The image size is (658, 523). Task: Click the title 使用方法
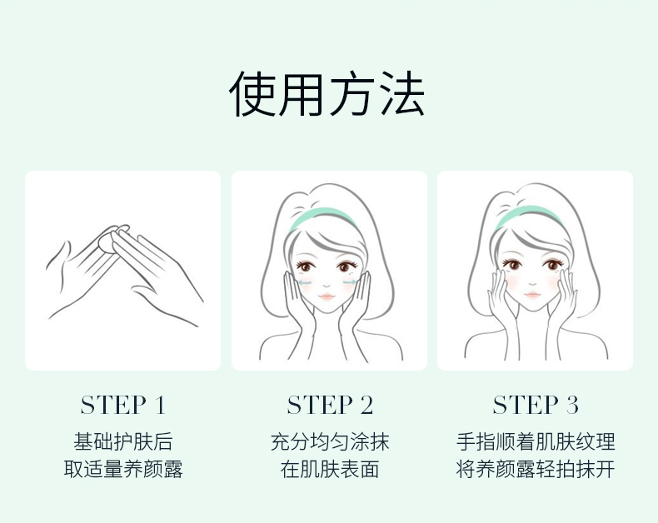(x=327, y=93)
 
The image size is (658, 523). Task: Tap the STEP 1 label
(x=123, y=405)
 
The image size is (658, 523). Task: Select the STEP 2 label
(x=330, y=405)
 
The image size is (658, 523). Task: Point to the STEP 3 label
(x=536, y=405)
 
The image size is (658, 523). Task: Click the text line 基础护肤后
(x=123, y=441)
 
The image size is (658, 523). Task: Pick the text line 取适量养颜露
(x=123, y=469)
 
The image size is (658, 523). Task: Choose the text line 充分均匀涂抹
(x=330, y=441)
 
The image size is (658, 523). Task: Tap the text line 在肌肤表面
(x=330, y=469)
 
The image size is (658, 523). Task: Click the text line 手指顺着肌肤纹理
(x=536, y=441)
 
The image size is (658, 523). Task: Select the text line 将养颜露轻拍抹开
(x=536, y=469)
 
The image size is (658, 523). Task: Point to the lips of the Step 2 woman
(x=327, y=296)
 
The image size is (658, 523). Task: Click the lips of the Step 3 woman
(x=532, y=295)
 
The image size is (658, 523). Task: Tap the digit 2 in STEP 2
(x=366, y=406)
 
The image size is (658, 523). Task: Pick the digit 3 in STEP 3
(x=572, y=406)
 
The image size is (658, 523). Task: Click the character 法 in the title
(x=402, y=93)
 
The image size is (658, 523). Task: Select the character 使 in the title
(x=252, y=93)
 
